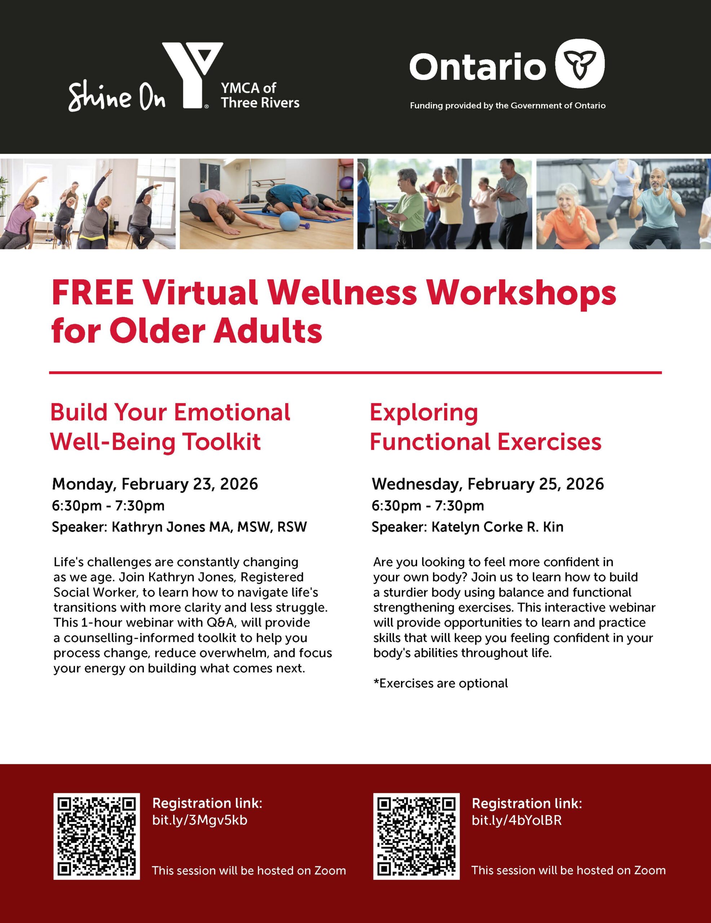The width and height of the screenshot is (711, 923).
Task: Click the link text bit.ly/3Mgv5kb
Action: [199, 820]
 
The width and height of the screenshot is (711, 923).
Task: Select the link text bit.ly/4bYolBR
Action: [517, 820]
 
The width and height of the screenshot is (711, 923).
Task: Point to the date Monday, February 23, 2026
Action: [155, 484]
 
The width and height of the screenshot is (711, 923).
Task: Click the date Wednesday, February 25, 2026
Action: [488, 484]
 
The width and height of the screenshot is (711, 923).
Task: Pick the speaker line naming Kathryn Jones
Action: [179, 527]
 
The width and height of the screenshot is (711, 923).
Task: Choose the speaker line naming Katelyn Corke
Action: [468, 527]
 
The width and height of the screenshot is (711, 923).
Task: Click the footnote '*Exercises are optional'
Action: [441, 683]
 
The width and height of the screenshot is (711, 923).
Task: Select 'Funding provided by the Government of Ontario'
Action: [508, 106]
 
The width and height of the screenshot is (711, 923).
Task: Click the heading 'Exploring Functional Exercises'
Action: [485, 427]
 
